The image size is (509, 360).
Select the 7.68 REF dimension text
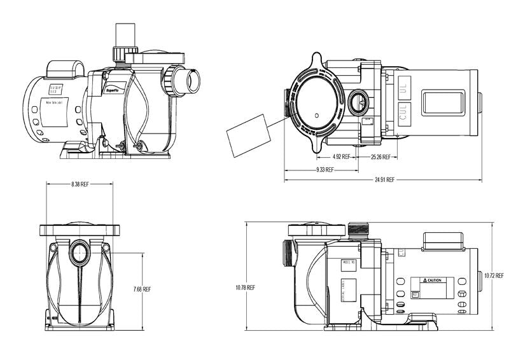[142, 289]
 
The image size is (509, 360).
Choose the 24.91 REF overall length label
[384, 180]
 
